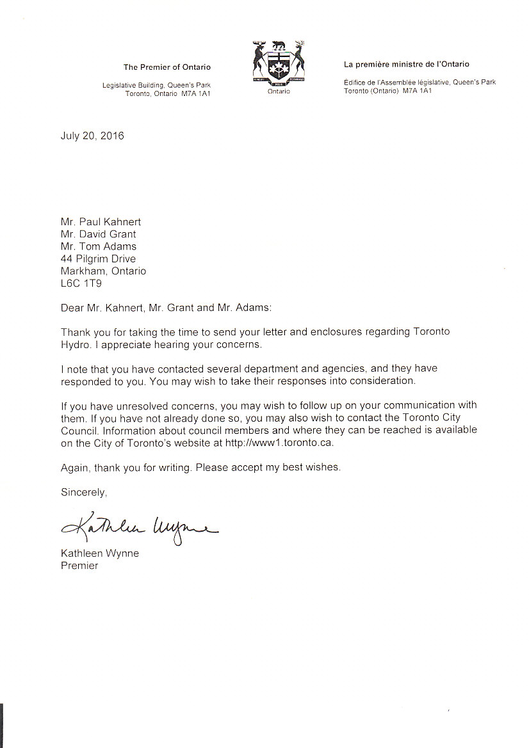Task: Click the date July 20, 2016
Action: [x=92, y=136]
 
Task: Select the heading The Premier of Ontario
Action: [x=167, y=67]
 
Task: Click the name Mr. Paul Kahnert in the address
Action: [x=103, y=222]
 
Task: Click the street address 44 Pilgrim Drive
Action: [x=98, y=259]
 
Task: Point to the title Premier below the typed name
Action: [x=79, y=566]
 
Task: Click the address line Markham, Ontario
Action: [x=103, y=271]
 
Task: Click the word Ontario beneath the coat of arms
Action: [x=279, y=92]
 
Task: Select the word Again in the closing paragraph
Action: [x=76, y=467]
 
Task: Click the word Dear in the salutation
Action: [x=72, y=307]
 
